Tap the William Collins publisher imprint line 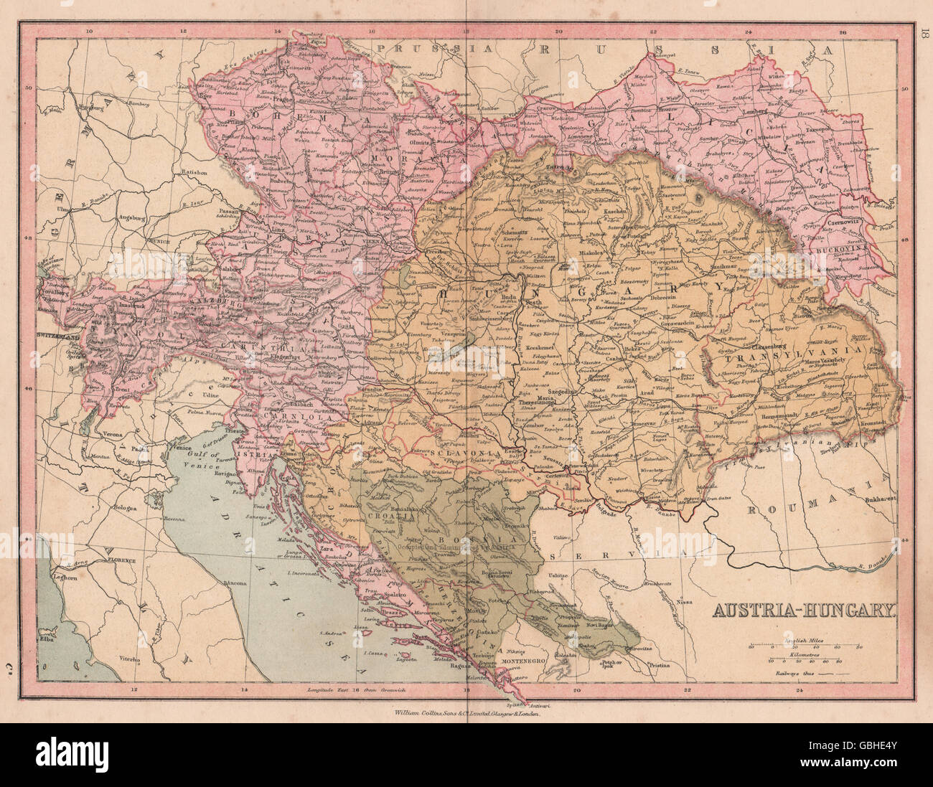[467, 714]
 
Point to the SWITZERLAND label [60, 335]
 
